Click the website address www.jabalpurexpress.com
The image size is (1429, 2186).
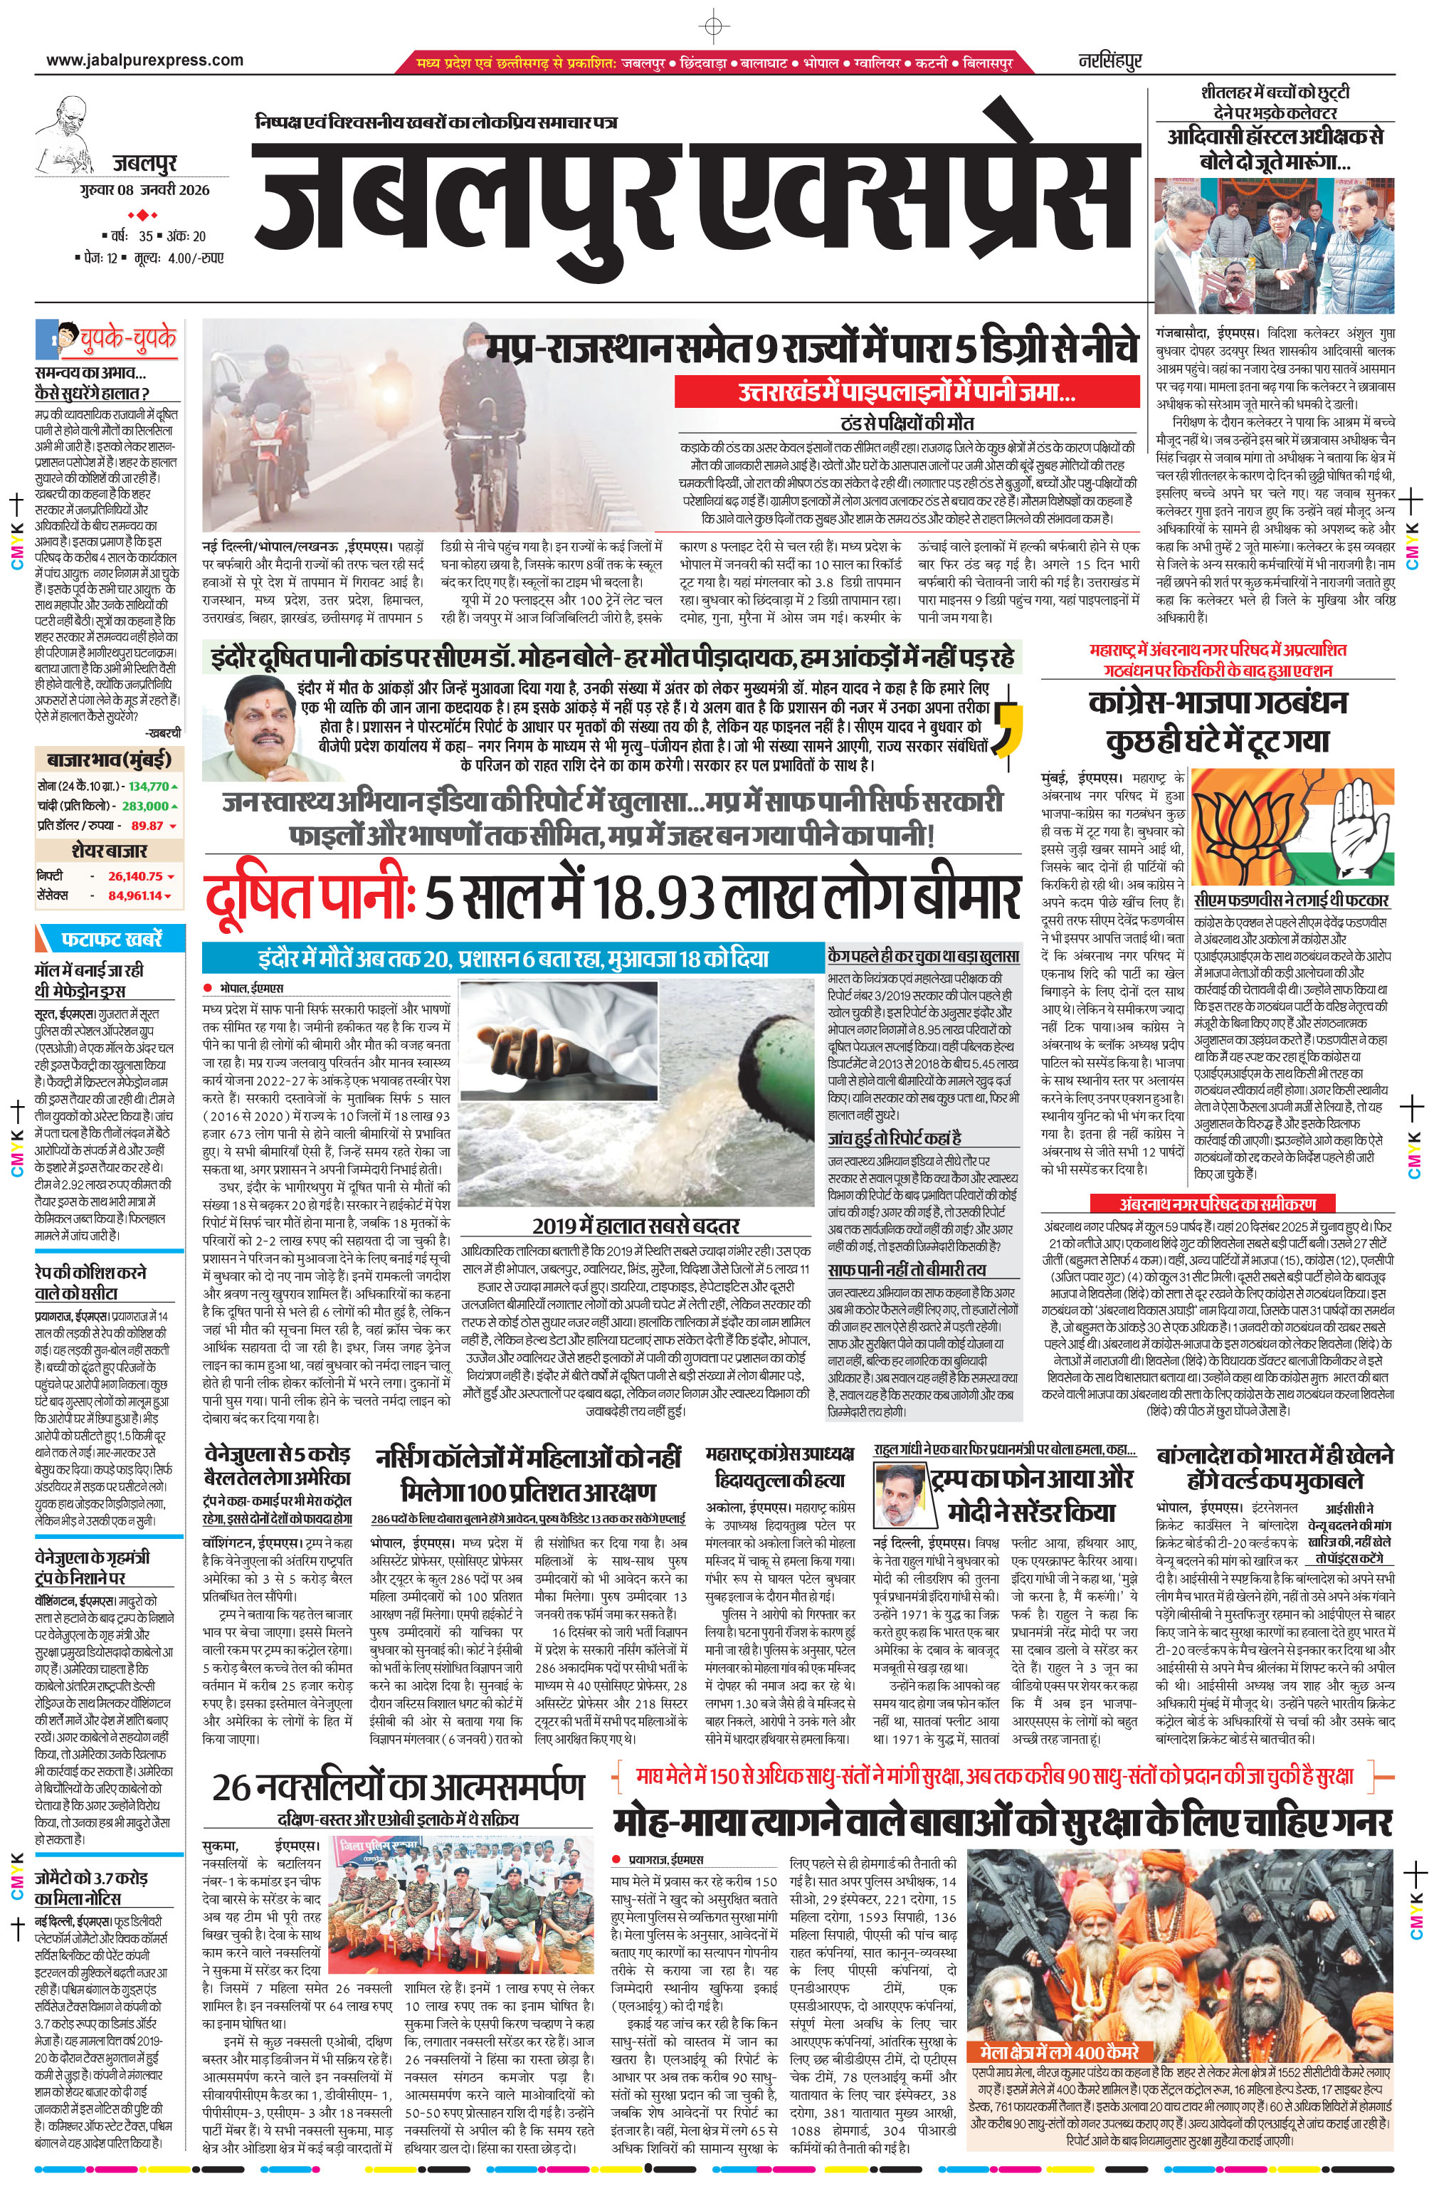click(144, 61)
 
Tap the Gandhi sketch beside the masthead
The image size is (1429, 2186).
click(73, 133)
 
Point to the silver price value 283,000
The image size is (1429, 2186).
click(146, 806)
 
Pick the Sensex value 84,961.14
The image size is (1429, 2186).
click(135, 895)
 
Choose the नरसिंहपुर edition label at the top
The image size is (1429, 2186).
click(1109, 61)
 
